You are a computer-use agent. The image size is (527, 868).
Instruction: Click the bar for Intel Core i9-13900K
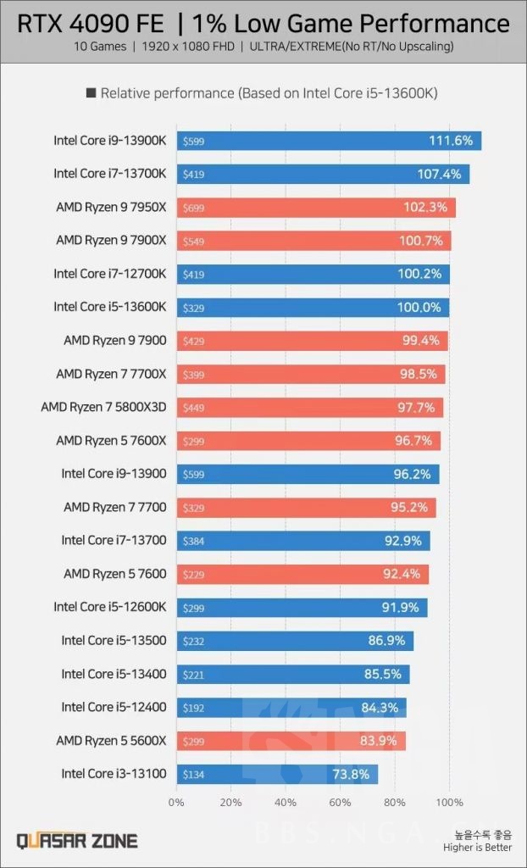click(329, 141)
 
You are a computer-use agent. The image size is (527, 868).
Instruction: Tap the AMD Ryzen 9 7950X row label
click(110, 207)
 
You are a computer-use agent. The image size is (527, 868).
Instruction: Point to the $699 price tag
click(193, 208)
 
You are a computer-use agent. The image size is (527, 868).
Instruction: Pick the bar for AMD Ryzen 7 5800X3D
click(309, 408)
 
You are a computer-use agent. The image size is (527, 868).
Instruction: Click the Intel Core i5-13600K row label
click(109, 307)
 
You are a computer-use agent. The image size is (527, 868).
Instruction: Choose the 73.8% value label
click(348, 774)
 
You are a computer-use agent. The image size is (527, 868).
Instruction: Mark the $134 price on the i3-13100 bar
click(193, 775)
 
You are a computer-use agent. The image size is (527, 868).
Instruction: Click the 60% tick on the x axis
click(340, 802)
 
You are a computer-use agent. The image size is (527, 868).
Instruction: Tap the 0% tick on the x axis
click(176, 802)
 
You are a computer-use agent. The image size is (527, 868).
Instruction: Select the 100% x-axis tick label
click(449, 802)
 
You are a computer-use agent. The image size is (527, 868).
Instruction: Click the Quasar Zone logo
click(77, 841)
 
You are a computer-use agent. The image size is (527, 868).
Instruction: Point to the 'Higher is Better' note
click(477, 847)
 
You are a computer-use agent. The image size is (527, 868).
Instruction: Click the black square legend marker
click(91, 93)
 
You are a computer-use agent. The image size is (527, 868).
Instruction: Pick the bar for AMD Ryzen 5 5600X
click(291, 741)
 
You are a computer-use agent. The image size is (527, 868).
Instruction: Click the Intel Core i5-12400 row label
click(114, 707)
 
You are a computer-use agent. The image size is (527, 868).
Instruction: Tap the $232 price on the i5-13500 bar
click(193, 641)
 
